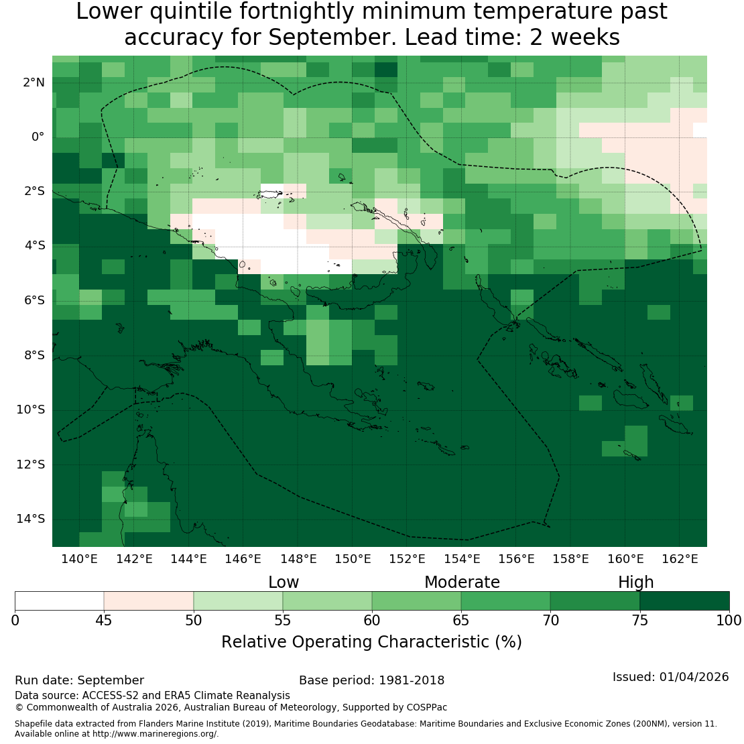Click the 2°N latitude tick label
[34, 82]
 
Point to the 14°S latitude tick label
[31, 519]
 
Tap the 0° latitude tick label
[38, 137]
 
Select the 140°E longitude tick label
[79, 559]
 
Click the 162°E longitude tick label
[680, 559]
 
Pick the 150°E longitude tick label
[353, 559]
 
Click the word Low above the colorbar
[284, 582]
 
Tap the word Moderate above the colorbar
[462, 582]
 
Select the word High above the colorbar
[636, 582]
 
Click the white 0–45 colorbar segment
[59, 601]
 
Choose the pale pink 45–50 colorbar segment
[149, 601]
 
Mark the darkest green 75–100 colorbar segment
[685, 601]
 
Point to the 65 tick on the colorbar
[460, 620]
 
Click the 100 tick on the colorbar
[729, 620]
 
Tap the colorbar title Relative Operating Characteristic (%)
[371, 642]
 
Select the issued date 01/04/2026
[694, 677]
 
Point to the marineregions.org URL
[155, 733]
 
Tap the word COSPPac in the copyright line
[426, 707]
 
